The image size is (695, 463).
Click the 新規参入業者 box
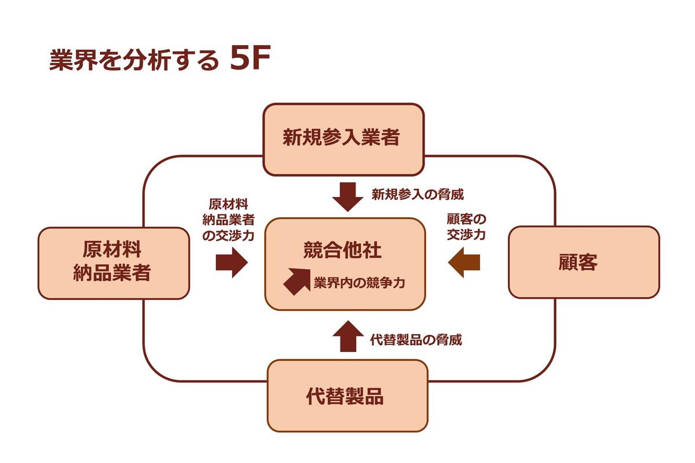coord(343,139)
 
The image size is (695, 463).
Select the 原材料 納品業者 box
coord(114,263)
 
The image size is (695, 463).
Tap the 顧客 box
coord(583,262)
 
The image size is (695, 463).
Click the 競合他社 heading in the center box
coord(342,250)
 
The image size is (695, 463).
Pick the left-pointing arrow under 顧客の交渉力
coord(464,262)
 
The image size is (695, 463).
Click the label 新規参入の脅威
coord(417,194)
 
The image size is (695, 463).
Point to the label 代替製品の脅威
coord(416,340)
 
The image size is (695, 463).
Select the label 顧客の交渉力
coord(466,227)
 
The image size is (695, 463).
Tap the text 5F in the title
coord(250,60)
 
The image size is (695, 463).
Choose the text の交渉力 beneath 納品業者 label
coord(229,236)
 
